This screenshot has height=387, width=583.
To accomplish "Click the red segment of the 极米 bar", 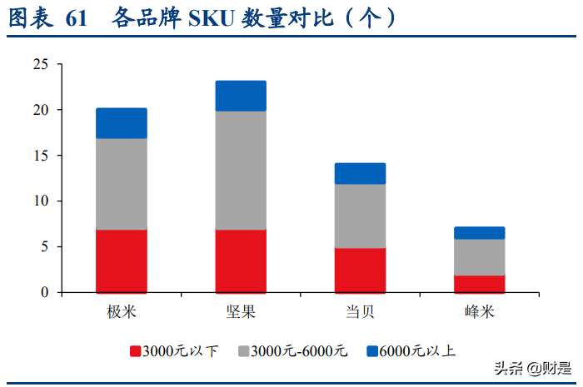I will coord(122,260).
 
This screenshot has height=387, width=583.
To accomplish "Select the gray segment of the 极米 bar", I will coord(122,184).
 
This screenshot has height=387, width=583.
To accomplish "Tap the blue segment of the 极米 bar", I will coord(122,123).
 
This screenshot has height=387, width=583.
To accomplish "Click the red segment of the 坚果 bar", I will coord(241,260).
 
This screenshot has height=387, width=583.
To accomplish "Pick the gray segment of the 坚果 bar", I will coord(241,170).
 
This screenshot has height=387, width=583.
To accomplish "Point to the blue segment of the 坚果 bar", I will coord(241,96).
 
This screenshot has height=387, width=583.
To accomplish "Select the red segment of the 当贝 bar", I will coord(360,270).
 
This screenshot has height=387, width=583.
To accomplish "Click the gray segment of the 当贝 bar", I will coord(360,216).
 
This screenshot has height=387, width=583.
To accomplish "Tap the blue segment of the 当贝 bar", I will coord(360,173).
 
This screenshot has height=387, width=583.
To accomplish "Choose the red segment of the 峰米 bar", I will coord(479,283).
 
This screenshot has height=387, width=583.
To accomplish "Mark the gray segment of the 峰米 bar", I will coord(479,256).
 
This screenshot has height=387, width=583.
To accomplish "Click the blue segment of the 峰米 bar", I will coord(479,233).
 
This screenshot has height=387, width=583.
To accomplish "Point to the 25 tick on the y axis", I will coord(41,64).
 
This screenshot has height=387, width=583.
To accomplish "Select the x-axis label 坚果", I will coord(241,312).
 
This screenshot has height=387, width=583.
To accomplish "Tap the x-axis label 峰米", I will coord(479,312).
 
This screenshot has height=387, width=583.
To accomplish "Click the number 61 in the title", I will coord(75,18).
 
